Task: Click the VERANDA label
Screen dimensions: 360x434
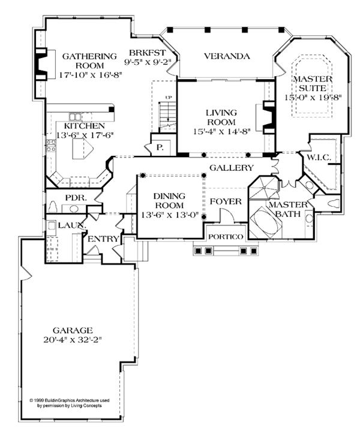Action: [x=227, y=56]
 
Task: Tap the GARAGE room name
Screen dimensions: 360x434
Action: [x=73, y=330]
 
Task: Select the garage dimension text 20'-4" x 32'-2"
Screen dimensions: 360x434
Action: [x=73, y=340]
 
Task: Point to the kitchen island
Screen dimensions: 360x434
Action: [x=83, y=149]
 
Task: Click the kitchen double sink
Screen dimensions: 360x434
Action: [x=75, y=117]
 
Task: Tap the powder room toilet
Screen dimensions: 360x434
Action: [x=52, y=206]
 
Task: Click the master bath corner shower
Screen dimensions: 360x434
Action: [x=264, y=188]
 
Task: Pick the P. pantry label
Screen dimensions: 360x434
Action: [x=160, y=147]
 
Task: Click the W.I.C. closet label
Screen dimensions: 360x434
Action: [x=319, y=158]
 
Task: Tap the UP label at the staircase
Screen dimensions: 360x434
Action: [x=168, y=98]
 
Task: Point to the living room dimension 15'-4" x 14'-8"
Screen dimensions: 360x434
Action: [x=222, y=131]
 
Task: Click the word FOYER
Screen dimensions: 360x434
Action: [x=226, y=201]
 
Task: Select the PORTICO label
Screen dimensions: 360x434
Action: [x=226, y=237]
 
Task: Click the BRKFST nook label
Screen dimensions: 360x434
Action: [x=147, y=53]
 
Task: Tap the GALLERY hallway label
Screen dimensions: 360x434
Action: [x=232, y=168]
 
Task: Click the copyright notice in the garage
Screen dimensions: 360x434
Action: [x=70, y=403]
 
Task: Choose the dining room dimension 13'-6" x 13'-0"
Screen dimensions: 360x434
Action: [x=169, y=215]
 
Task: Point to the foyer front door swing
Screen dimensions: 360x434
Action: [x=227, y=215]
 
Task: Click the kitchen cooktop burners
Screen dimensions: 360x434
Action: [x=51, y=146]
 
